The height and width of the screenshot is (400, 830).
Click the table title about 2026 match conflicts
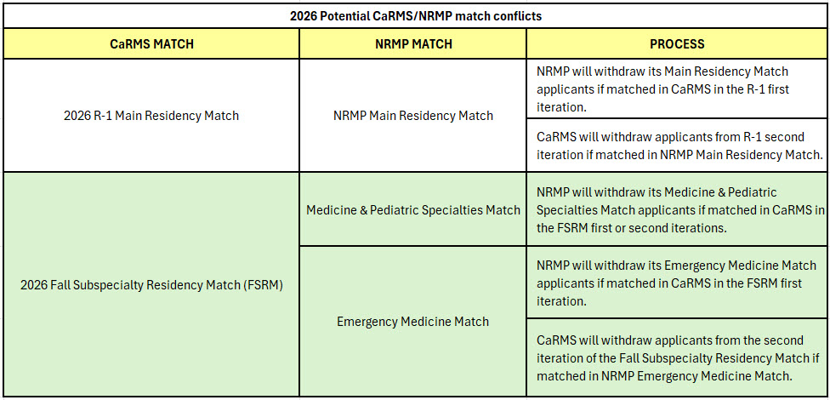coord(415,15)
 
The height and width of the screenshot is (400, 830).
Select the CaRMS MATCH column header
coord(151,43)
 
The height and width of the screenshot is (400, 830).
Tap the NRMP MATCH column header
coord(413,43)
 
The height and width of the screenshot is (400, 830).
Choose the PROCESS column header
coord(677,43)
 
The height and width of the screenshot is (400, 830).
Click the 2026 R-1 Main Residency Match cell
coord(151,116)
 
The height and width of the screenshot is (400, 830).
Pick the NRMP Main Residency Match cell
coord(413,116)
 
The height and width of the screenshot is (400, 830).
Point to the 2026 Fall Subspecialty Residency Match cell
coord(151,284)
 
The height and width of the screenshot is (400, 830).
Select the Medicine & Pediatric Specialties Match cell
coord(413,209)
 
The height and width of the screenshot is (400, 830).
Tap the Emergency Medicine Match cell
coord(413,322)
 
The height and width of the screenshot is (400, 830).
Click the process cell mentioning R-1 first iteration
coord(677,89)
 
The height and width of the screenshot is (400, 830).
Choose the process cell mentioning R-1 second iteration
coord(677,146)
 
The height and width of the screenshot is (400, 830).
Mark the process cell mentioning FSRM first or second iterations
coord(677,209)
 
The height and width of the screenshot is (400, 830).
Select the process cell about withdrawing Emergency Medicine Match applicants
coord(677,283)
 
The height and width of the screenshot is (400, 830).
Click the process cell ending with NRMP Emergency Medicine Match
coord(677,357)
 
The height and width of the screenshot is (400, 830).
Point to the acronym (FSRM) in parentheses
coord(264,284)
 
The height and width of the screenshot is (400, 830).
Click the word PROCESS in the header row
coord(677,43)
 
